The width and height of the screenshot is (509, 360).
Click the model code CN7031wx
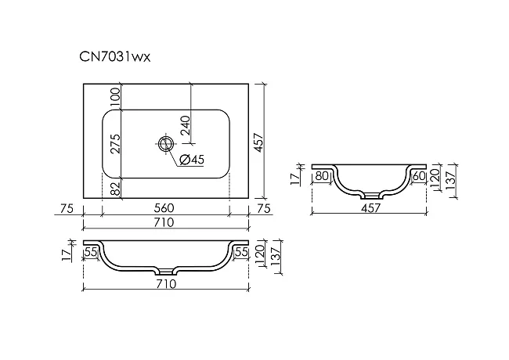pyautogui.click(x=115, y=57)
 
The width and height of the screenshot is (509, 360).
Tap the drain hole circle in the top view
pyautogui.click(x=166, y=143)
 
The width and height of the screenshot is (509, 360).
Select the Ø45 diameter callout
pyautogui.click(x=192, y=159)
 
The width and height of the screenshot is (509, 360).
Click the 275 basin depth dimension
pyautogui.click(x=115, y=144)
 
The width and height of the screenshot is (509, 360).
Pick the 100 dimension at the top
pyautogui.click(x=115, y=97)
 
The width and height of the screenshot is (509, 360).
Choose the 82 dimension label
pyautogui.click(x=115, y=189)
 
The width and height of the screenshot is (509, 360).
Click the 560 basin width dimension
pyautogui.click(x=164, y=208)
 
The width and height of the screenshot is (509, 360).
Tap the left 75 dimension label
pyautogui.click(x=67, y=208)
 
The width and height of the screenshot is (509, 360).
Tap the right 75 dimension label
pyautogui.click(x=264, y=208)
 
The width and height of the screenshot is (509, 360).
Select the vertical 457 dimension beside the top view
pyautogui.click(x=258, y=142)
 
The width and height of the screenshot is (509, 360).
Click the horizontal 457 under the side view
pyautogui.click(x=370, y=208)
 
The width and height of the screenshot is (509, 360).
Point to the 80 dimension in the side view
pyautogui.click(x=322, y=176)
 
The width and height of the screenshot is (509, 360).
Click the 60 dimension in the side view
pyautogui.click(x=419, y=176)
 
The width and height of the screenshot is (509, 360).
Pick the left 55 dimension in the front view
pyautogui.click(x=91, y=252)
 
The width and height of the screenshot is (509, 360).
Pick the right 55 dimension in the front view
pyautogui.click(x=241, y=252)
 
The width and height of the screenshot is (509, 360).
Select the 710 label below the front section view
pyautogui.click(x=166, y=284)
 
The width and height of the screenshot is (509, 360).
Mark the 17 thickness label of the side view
pyautogui.click(x=294, y=178)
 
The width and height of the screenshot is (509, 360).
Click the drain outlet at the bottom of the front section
pyautogui.click(x=166, y=271)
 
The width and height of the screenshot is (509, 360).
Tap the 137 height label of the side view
pyautogui.click(x=451, y=180)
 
